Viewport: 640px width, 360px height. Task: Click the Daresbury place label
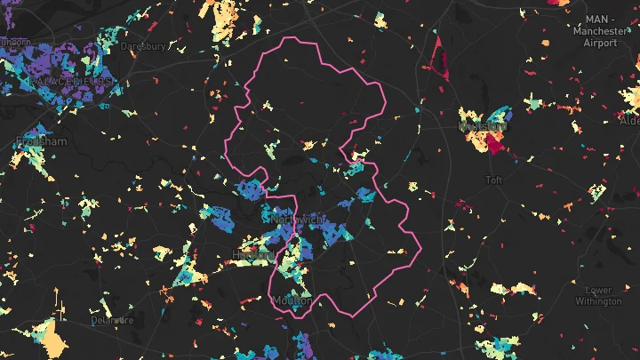pyautogui.click(x=143, y=45)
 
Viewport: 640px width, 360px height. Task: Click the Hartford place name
pyautogui.click(x=252, y=254)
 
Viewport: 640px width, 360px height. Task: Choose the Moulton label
pyautogui.click(x=292, y=300)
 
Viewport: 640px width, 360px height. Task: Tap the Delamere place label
pyautogui.click(x=112, y=319)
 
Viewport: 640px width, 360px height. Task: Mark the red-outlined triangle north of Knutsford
pyautogui.click(x=437, y=60)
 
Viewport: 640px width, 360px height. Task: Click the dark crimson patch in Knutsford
pyautogui.click(x=495, y=144)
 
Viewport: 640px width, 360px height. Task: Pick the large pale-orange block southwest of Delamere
pyautogui.click(x=53, y=339)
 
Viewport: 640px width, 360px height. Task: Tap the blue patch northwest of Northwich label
pyautogui.click(x=252, y=188)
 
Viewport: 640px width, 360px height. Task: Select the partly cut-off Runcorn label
pyautogui.click(x=14, y=42)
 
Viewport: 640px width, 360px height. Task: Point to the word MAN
pyautogui.click(x=596, y=20)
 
